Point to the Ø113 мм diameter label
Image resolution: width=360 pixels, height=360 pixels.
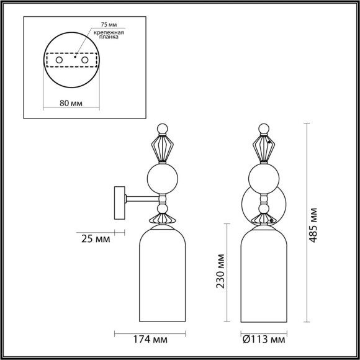[x=264, y=340]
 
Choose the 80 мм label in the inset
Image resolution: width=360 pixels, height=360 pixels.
[x=72, y=104]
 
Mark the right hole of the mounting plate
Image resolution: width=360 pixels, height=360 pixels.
[x=85, y=60]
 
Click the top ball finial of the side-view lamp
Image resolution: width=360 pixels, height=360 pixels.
[x=162, y=128]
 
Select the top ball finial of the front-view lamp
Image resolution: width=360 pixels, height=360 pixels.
[x=265, y=128]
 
